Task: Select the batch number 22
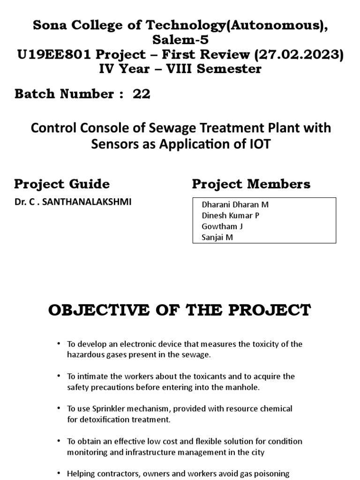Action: [x=142, y=94]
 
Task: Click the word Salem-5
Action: [x=180, y=41]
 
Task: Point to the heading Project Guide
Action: [x=62, y=184]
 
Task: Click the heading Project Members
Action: [x=251, y=184]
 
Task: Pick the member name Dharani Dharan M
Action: [x=235, y=205]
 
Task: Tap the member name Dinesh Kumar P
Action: [x=230, y=216]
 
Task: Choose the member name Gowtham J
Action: [x=222, y=226]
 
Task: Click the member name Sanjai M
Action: [x=217, y=237]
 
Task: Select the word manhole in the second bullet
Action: [x=239, y=387]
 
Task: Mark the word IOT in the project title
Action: [x=260, y=144]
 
